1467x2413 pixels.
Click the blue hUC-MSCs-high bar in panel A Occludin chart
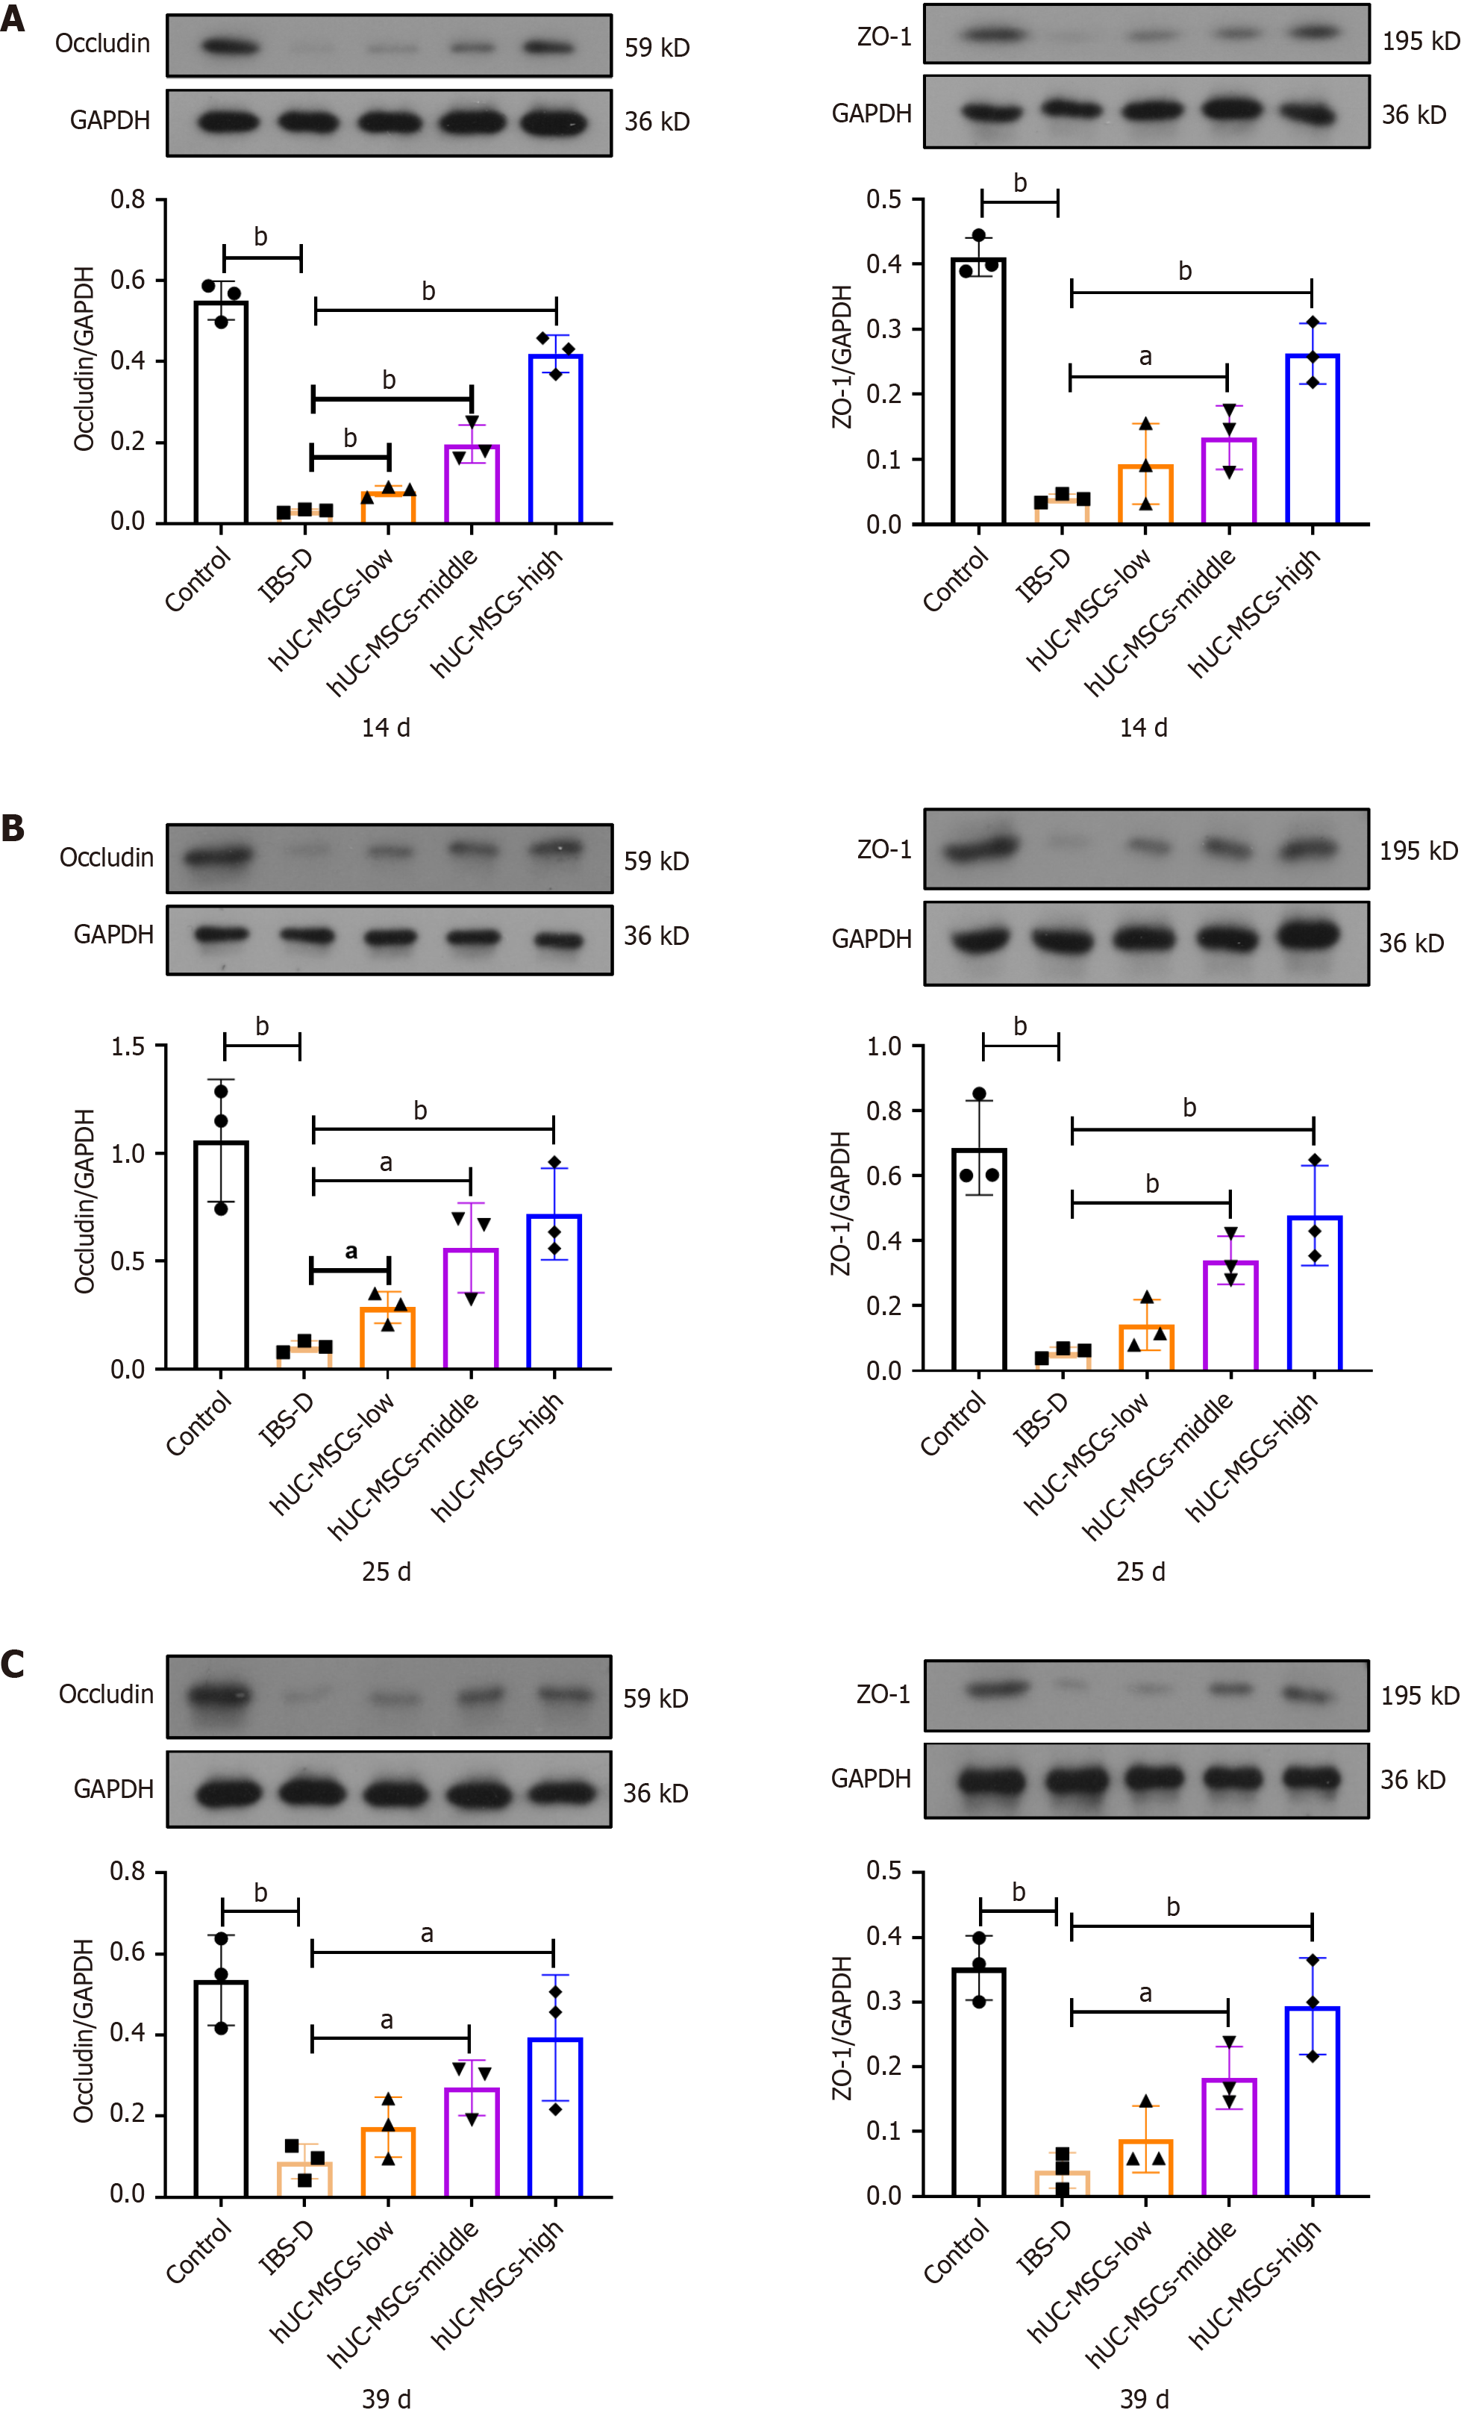coord(555,440)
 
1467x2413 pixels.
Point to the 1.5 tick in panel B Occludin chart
coord(128,1047)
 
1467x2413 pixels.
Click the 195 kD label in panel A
coord(1420,41)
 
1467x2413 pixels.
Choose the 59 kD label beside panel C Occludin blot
coord(655,1699)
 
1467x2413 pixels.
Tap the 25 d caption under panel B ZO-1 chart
coord(1141,1573)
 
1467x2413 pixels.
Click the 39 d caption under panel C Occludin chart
coord(386,2400)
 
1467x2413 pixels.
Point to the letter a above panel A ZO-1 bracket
coord(1145,358)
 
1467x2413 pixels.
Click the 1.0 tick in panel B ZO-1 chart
coord(883,1047)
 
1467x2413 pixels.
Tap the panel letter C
coord(13,1665)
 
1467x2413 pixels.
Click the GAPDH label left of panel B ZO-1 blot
coord(871,939)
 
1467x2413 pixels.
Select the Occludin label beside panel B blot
coord(107,858)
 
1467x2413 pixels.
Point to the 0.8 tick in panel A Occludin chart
coord(128,200)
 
